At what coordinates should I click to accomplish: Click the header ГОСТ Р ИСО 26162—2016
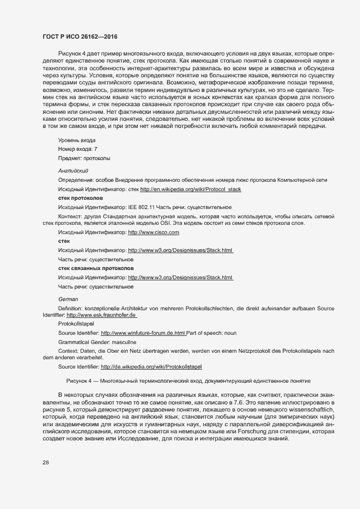(80, 36)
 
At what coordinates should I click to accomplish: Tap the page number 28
(46, 463)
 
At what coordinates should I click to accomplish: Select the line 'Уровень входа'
(77, 140)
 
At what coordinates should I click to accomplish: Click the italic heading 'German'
(68, 299)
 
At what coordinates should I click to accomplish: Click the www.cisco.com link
(153, 232)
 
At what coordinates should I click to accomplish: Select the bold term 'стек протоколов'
(80, 198)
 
